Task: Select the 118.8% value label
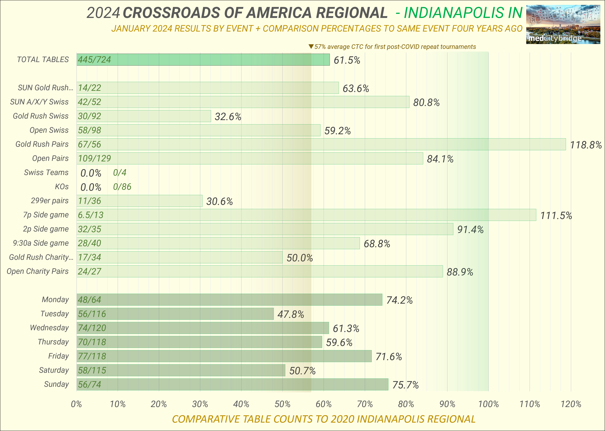click(586, 145)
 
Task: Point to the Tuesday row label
click(55, 314)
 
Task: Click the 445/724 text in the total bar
click(94, 60)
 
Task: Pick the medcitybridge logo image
click(563, 24)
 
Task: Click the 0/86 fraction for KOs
click(122, 187)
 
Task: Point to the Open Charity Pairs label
click(38, 271)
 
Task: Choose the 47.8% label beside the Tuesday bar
click(291, 314)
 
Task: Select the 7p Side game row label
click(46, 215)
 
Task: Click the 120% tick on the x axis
click(571, 404)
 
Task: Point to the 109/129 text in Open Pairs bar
click(94, 158)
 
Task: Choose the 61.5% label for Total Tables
click(347, 60)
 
